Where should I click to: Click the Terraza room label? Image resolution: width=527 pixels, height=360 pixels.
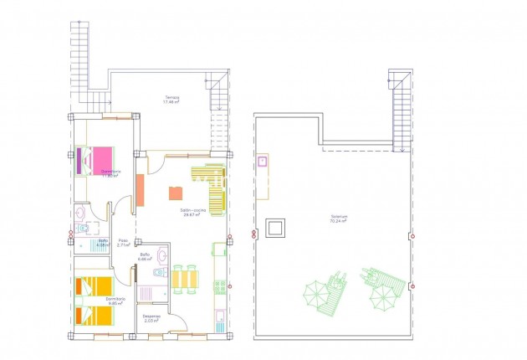[172, 100]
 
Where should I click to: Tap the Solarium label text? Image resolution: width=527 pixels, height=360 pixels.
[339, 219]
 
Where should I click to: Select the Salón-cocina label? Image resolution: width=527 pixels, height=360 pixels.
[193, 212]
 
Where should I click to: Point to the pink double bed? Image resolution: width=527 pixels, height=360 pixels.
[96, 160]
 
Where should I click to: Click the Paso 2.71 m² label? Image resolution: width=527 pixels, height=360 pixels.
[123, 243]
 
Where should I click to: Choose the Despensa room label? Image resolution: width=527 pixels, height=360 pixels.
[151, 318]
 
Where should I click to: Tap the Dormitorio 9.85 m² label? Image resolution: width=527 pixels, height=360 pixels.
[115, 300]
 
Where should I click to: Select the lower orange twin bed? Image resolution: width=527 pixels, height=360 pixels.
[92, 316]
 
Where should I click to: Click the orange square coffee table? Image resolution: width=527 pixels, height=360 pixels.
[176, 193]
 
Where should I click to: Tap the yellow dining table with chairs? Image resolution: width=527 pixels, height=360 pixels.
[187, 278]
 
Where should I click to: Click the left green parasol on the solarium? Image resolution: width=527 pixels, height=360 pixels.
[315, 294]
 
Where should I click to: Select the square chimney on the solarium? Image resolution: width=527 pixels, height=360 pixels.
[275, 227]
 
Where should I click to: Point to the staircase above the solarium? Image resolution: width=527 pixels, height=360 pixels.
[402, 110]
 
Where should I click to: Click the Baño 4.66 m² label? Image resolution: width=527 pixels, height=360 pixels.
[145, 257]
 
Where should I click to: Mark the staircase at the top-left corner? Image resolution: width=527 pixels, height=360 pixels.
[79, 54]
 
